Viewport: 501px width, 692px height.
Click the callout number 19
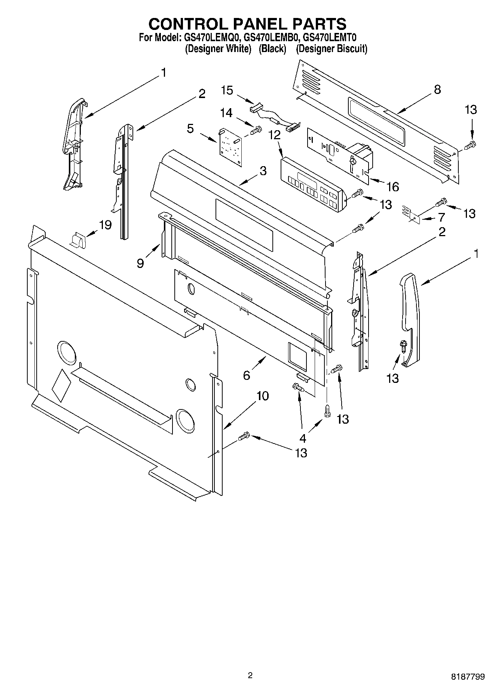pyautogui.click(x=105, y=225)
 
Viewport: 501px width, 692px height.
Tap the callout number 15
pyautogui.click(x=227, y=90)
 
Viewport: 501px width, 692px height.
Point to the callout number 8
pyautogui.click(x=437, y=89)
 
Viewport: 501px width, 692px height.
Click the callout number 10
pyautogui.click(x=263, y=396)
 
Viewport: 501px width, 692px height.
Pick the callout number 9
pyautogui.click(x=140, y=263)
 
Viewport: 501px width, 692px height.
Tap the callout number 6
pyautogui.click(x=246, y=375)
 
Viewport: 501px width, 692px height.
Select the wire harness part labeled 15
pyautogui.click(x=274, y=119)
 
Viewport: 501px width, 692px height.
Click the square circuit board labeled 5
pyautogui.click(x=229, y=147)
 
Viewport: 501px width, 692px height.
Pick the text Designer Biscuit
pyautogui.click(x=332, y=49)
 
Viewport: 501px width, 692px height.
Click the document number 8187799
pyautogui.click(x=467, y=676)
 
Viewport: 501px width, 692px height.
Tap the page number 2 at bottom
pyautogui.click(x=250, y=676)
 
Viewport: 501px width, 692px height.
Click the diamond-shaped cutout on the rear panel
pyautogui.click(x=61, y=385)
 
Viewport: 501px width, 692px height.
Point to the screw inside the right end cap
pyautogui.click(x=404, y=345)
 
